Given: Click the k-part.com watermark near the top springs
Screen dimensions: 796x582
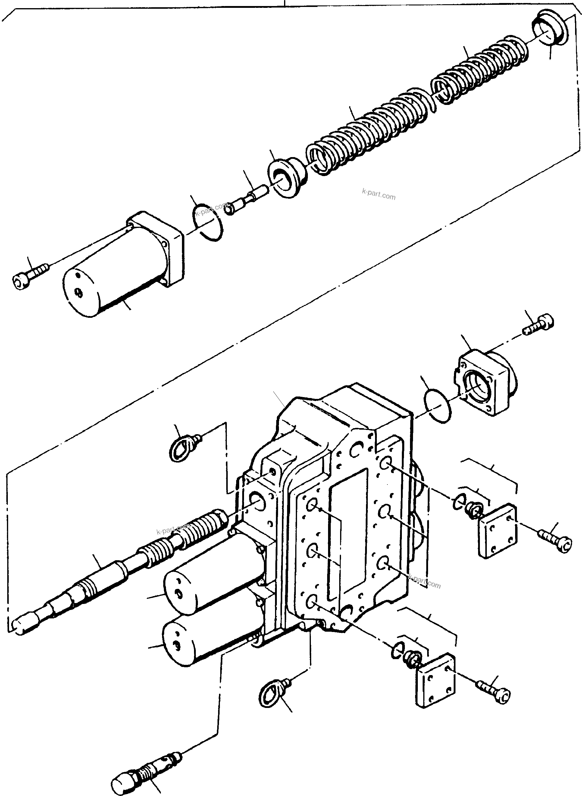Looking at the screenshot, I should click(378, 194).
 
